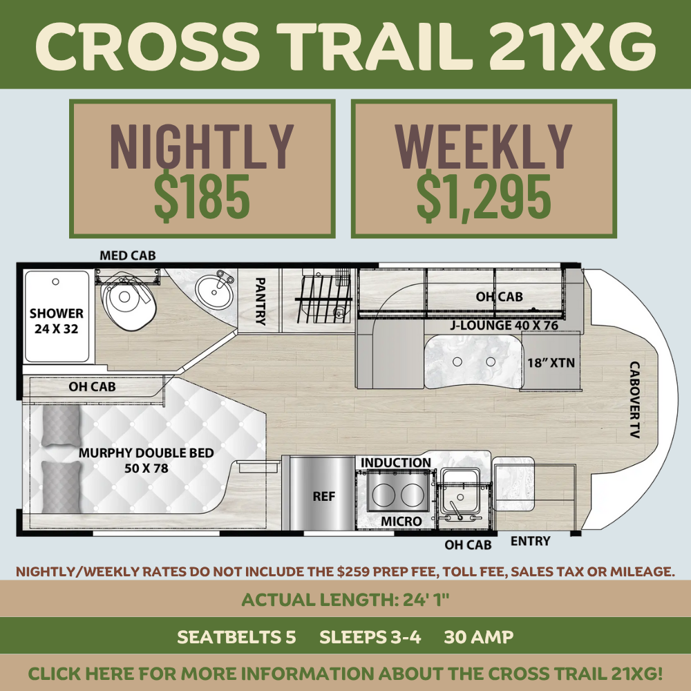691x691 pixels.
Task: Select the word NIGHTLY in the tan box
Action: [x=202, y=146]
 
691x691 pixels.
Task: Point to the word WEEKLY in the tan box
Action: [x=484, y=146]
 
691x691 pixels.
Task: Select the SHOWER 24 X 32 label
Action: [x=57, y=321]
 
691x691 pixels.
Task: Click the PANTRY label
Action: [x=261, y=301]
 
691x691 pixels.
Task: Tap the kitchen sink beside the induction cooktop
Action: [x=460, y=492]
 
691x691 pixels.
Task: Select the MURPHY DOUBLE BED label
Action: [x=146, y=453]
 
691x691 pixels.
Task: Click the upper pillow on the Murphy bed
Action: [x=61, y=425]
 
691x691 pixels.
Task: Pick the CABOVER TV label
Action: [x=634, y=399]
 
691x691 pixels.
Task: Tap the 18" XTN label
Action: [x=551, y=363]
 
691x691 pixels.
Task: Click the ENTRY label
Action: [x=531, y=541]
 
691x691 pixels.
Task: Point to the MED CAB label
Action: [x=128, y=256]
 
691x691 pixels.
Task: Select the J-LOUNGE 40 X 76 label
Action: [x=504, y=325]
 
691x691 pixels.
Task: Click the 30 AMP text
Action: [x=479, y=637]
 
